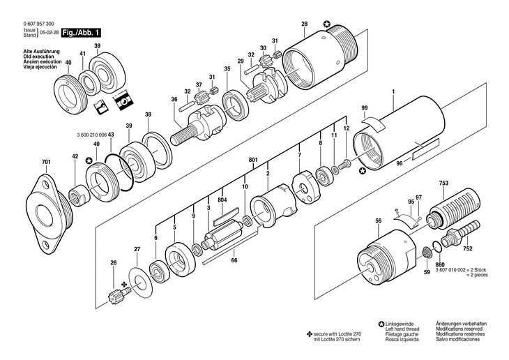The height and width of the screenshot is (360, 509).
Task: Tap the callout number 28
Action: point(304,25)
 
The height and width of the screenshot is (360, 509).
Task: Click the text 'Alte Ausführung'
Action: point(41,52)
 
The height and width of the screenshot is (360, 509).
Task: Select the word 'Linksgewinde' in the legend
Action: point(400,324)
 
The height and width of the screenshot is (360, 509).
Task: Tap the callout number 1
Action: point(393,93)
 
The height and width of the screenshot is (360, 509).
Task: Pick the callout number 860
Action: point(439,267)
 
